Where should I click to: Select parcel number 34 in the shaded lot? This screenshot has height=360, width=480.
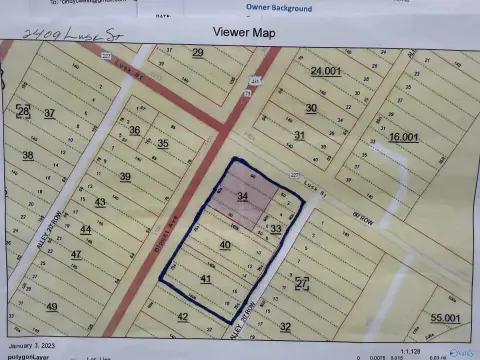click(x=242, y=197)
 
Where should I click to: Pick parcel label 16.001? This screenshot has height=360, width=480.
click(x=404, y=136)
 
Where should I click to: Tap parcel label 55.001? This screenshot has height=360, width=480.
click(x=446, y=317)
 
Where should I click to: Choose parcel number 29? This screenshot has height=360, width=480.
click(x=198, y=52)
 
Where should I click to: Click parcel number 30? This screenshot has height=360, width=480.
click(x=311, y=108)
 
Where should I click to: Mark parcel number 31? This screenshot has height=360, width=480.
click(x=299, y=135)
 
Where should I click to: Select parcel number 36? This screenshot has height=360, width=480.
click(x=134, y=130)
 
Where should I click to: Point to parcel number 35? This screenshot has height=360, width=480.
click(x=162, y=143)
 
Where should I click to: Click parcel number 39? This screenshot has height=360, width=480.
click(x=125, y=176)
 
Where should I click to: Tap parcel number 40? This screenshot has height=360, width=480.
click(x=225, y=244)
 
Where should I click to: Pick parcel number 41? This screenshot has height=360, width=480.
click(x=205, y=278)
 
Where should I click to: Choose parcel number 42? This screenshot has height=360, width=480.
click(x=182, y=316)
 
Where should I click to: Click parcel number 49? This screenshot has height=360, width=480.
click(x=52, y=307)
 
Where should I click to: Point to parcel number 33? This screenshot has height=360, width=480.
click(x=276, y=229)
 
